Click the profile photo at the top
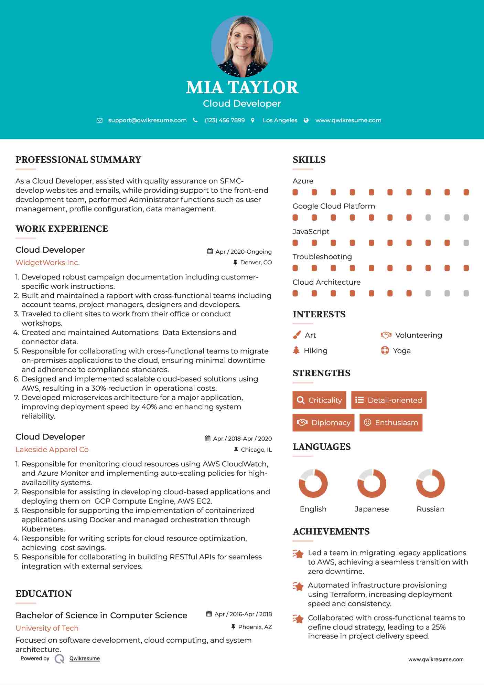tap(242, 46)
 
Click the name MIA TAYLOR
tap(242, 87)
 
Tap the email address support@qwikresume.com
tap(147, 120)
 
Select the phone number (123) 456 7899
tap(225, 120)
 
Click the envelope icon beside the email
tap(99, 120)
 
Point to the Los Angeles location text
tap(280, 120)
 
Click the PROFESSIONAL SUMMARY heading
tap(78, 160)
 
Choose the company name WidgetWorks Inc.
tap(47, 263)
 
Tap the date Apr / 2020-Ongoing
tap(243, 252)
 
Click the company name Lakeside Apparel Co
tap(52, 450)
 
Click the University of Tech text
tap(47, 628)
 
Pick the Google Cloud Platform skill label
tap(334, 206)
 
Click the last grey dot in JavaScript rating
tap(466, 243)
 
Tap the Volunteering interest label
tap(418, 335)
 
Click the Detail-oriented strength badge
tap(389, 400)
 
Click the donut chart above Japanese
tap(372, 484)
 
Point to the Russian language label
tap(430, 509)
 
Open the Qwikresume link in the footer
tap(85, 658)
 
